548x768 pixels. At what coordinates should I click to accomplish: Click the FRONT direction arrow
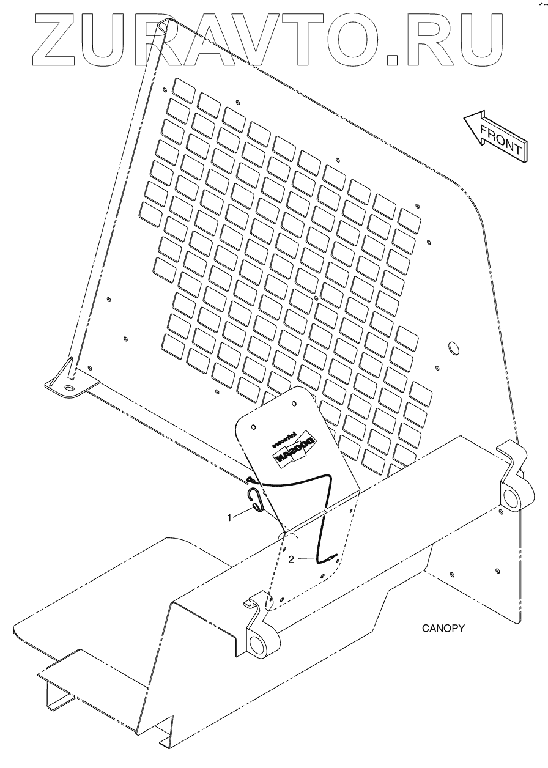(x=493, y=137)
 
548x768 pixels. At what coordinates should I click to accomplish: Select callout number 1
(x=230, y=517)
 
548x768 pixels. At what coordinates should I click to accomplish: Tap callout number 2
(x=291, y=559)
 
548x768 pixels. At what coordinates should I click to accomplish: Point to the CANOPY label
(x=443, y=628)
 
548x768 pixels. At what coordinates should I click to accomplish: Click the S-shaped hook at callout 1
(x=257, y=501)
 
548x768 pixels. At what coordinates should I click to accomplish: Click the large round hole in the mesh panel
(x=454, y=349)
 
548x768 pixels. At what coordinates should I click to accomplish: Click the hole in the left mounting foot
(x=69, y=387)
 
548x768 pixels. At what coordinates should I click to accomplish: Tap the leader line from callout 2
(x=306, y=558)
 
